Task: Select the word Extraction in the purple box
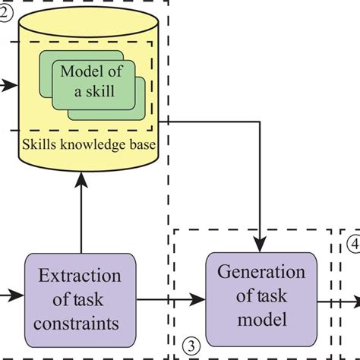[80, 275]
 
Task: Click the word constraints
[80, 323]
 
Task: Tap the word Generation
[261, 271]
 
